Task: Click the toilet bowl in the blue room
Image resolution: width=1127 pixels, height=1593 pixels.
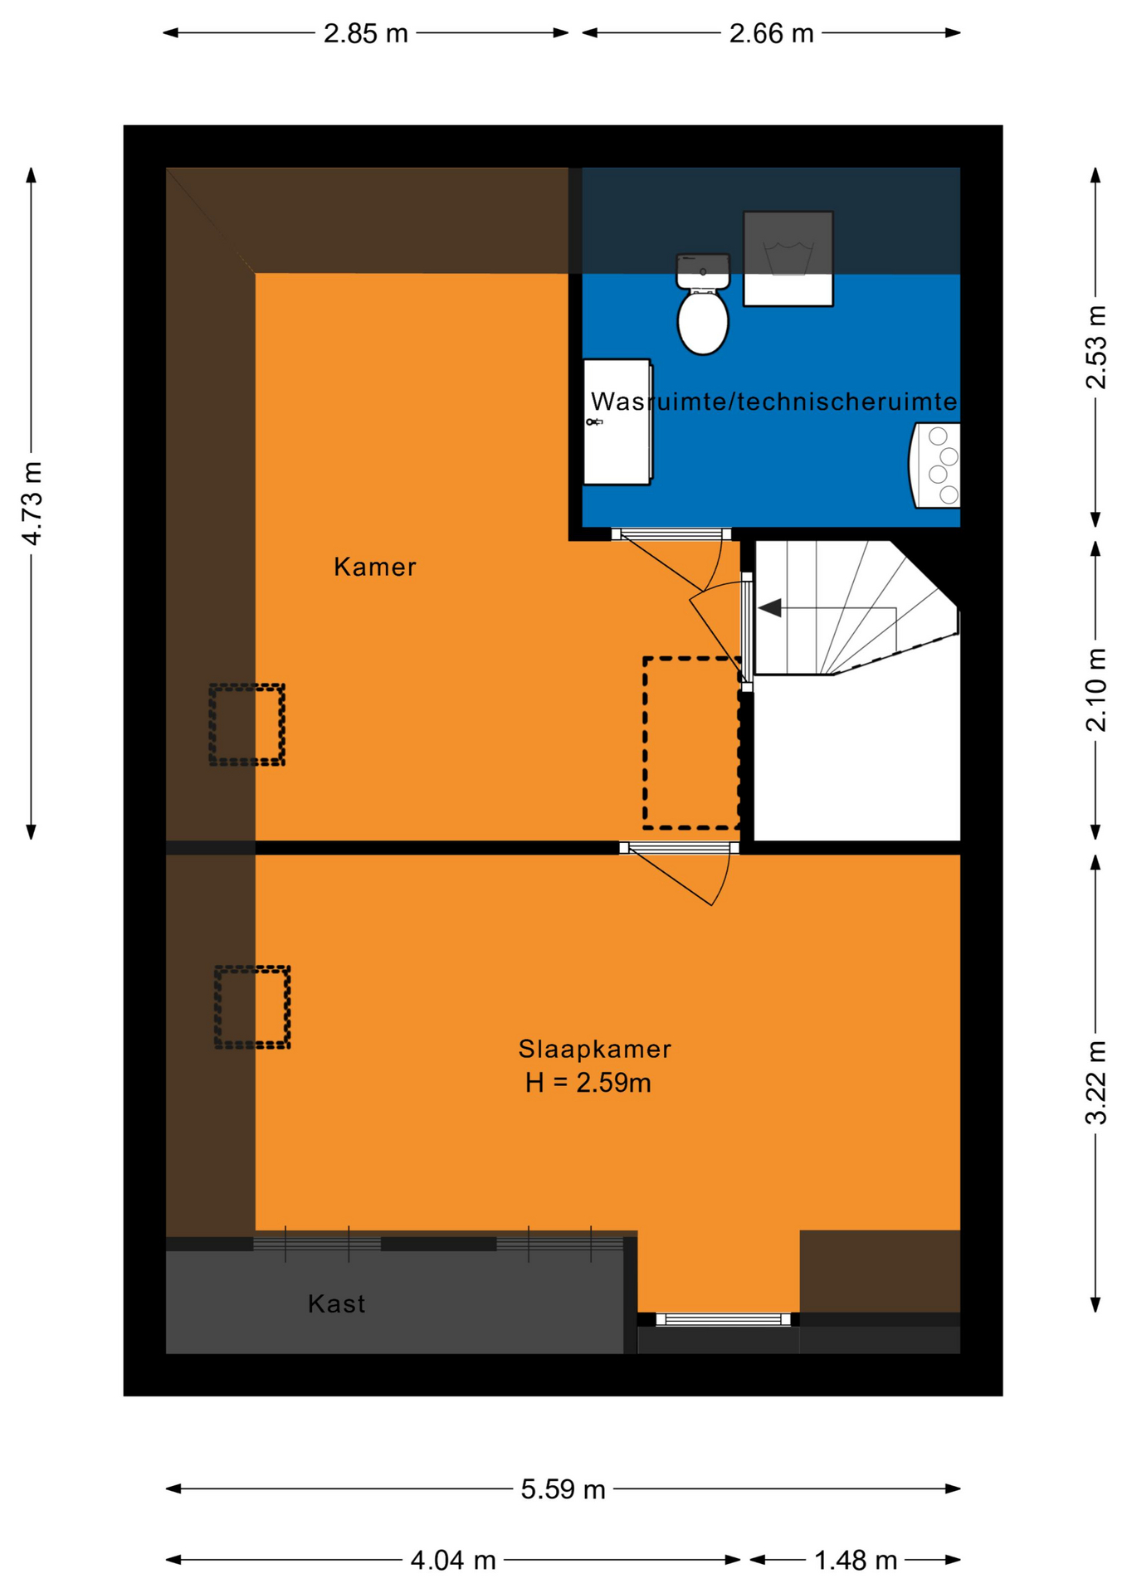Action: pyautogui.click(x=702, y=321)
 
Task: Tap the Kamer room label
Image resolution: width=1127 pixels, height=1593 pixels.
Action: pyautogui.click(x=375, y=568)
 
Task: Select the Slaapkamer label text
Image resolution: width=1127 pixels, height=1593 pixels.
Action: pyautogui.click(x=594, y=1049)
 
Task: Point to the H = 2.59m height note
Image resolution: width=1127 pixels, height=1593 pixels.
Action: pyautogui.click(x=588, y=1083)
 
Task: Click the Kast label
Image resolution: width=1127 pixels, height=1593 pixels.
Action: pyautogui.click(x=336, y=1303)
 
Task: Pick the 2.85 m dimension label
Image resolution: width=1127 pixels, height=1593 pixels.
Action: pyautogui.click(x=365, y=34)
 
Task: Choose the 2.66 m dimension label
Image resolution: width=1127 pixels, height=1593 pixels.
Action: pyautogui.click(x=771, y=34)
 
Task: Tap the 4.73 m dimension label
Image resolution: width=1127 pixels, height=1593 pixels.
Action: pyautogui.click(x=32, y=504)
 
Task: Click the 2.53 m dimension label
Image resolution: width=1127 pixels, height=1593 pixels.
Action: pyautogui.click(x=1096, y=347)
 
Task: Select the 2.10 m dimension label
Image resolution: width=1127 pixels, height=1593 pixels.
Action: pyautogui.click(x=1096, y=689)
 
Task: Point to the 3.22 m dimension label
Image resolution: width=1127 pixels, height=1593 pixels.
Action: pyautogui.click(x=1096, y=1082)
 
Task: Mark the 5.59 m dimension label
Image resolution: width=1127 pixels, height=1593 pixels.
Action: pyautogui.click(x=563, y=1489)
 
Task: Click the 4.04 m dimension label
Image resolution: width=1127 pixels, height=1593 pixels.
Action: pyautogui.click(x=453, y=1561)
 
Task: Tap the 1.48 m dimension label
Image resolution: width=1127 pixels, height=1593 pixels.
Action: pyautogui.click(x=856, y=1561)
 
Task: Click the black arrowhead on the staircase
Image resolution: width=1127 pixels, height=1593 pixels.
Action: pyautogui.click(x=769, y=608)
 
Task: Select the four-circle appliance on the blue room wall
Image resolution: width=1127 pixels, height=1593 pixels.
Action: pyautogui.click(x=934, y=465)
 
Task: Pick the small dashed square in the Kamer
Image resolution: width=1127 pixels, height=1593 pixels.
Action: pyautogui.click(x=246, y=724)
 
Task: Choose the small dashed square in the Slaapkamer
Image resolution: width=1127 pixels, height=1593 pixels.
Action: pyautogui.click(x=252, y=1006)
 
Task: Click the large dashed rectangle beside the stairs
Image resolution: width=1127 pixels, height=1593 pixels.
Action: pyautogui.click(x=691, y=743)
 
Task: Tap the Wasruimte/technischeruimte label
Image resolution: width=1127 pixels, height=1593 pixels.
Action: pyautogui.click(x=773, y=402)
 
